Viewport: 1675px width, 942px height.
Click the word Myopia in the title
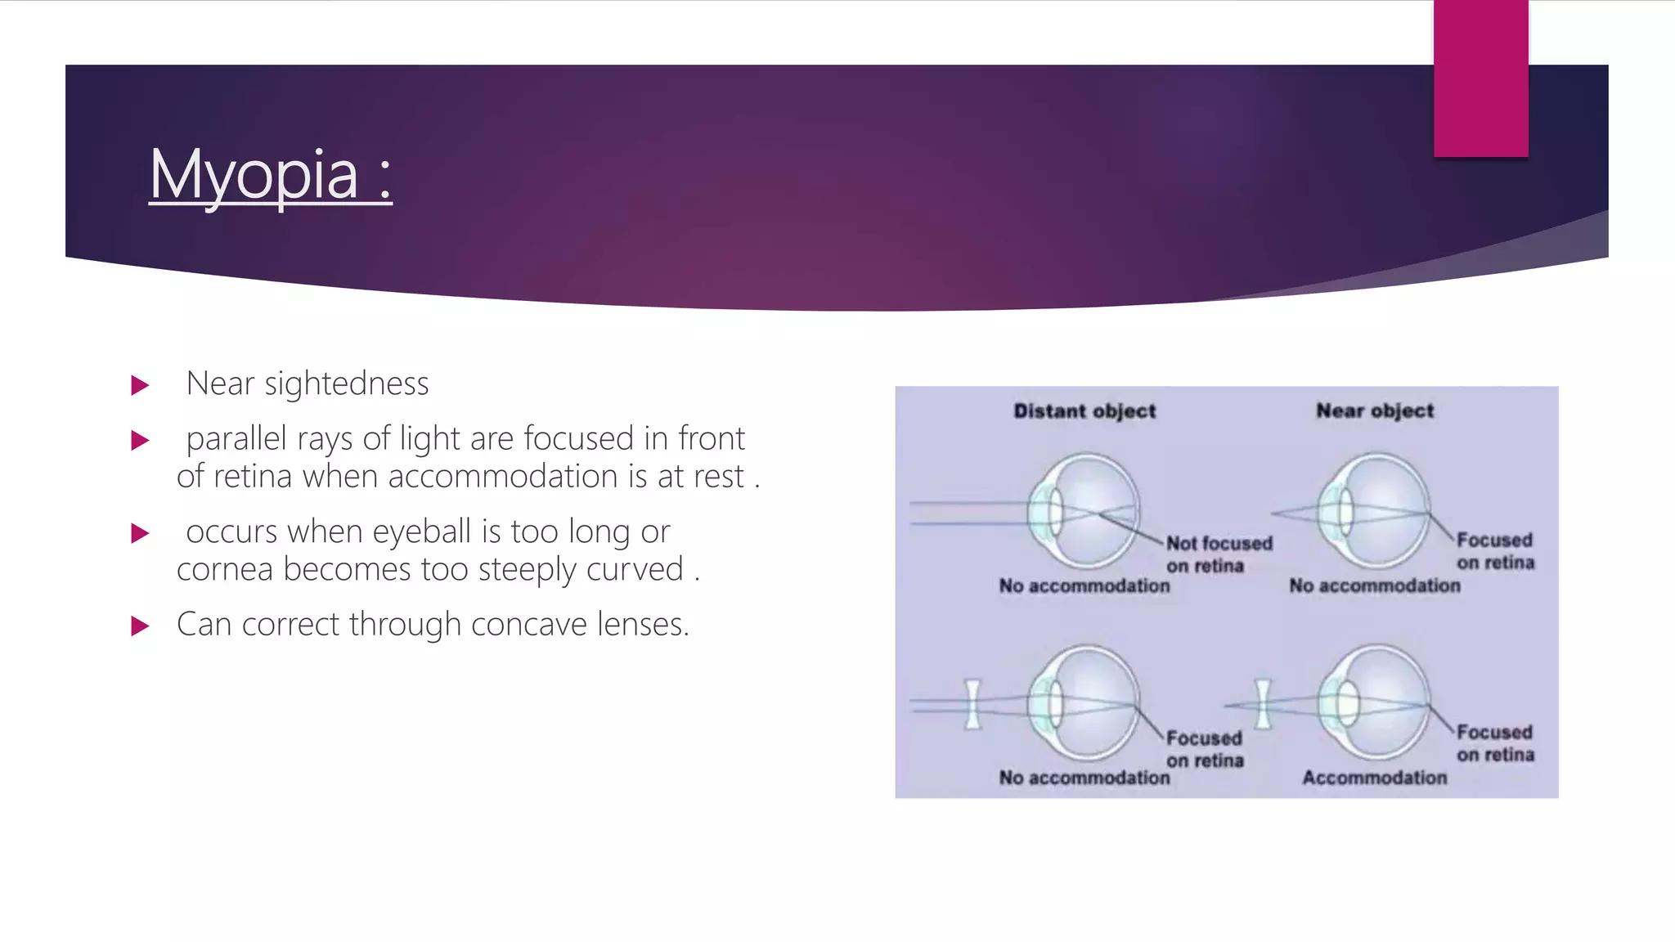click(254, 174)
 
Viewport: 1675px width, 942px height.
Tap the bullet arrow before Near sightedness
click(141, 385)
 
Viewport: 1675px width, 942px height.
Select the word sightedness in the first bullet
click(347, 384)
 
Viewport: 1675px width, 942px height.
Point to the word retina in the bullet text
click(253, 476)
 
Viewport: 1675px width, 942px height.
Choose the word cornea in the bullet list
click(224, 569)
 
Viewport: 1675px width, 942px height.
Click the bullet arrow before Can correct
click(141, 626)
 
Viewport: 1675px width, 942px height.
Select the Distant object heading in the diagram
click(1084, 411)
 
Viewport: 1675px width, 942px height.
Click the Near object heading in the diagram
click(1374, 411)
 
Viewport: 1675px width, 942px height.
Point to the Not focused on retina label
click(1219, 554)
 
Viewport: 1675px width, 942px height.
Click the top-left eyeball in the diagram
click(1084, 511)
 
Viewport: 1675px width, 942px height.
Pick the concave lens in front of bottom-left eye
click(972, 703)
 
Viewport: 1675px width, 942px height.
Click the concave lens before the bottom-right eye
click(1263, 703)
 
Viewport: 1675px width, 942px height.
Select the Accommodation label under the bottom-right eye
click(1374, 778)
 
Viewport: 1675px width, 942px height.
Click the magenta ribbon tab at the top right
click(1480, 78)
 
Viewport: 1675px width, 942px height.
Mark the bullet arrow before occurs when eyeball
click(141, 534)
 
